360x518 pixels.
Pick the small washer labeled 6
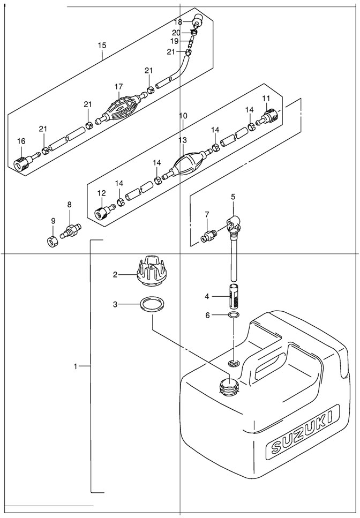click(234, 316)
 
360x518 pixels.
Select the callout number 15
click(102, 46)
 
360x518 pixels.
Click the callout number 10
click(183, 116)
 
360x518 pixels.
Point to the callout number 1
click(76, 366)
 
